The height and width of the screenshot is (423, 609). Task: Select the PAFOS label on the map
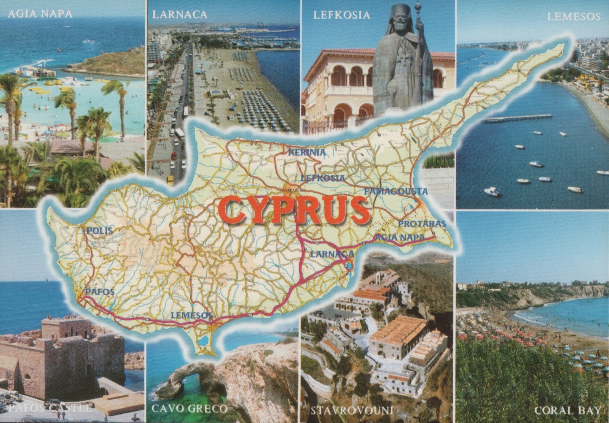coord(100,292)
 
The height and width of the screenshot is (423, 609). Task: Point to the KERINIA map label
coord(307,153)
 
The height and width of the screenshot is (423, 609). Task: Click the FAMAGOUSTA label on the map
coord(396,192)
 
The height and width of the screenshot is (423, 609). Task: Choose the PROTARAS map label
coord(422,224)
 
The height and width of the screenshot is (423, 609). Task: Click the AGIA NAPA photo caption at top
coord(40,14)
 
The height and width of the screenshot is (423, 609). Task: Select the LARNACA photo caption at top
coord(180,15)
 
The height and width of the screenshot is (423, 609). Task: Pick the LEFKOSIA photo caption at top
coord(342,15)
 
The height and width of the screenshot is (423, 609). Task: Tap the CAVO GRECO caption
coord(189,409)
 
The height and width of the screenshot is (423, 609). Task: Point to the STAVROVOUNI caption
coord(352,410)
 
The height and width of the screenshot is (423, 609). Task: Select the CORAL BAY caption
coord(568,410)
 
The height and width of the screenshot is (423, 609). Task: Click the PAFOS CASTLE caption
coord(49,409)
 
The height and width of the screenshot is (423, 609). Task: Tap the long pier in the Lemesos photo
coord(518,119)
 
